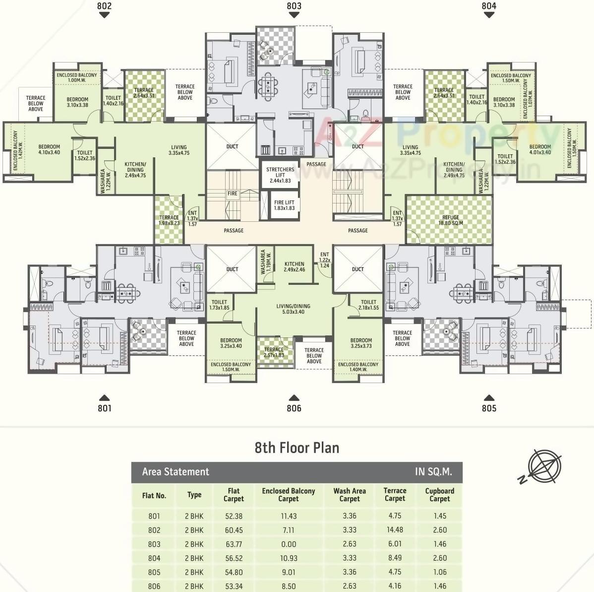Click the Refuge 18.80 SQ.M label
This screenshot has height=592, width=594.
(x=450, y=220)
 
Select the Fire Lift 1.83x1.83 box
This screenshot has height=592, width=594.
(x=284, y=205)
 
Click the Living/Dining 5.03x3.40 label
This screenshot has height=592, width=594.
(x=294, y=309)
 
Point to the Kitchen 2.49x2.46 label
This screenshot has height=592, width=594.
(x=294, y=267)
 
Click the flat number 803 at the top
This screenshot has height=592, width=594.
(x=294, y=6)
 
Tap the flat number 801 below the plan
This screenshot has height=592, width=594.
(x=105, y=408)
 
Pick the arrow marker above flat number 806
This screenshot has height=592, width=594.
(x=294, y=397)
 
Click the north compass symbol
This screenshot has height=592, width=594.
(x=543, y=465)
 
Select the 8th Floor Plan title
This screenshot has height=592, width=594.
(x=297, y=448)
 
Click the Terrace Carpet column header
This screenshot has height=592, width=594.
(x=395, y=495)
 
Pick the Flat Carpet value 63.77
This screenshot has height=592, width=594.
(x=234, y=544)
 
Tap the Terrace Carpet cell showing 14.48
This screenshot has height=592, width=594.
(x=395, y=530)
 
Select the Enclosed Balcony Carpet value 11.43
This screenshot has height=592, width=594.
(x=288, y=516)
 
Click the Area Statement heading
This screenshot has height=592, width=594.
(x=176, y=472)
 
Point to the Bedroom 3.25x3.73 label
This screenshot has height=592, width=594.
(x=361, y=343)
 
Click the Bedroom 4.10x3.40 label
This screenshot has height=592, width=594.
(x=49, y=149)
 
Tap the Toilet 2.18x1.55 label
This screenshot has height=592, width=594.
(x=368, y=305)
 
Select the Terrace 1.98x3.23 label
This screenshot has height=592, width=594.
(x=169, y=220)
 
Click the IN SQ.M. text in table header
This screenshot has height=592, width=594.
(x=433, y=472)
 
